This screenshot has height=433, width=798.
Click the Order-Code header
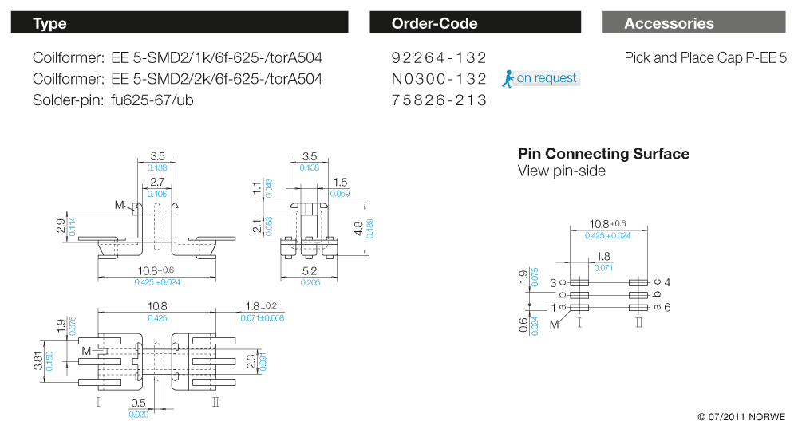pyautogui.click(x=475, y=23)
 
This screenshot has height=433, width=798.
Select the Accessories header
pyautogui.click(x=694, y=23)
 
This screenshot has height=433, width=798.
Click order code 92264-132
pyautogui.click(x=439, y=58)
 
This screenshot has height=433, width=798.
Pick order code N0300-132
pyautogui.click(x=439, y=79)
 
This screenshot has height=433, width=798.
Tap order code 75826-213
pyautogui.click(x=439, y=100)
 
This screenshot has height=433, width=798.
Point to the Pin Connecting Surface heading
pyautogui.click(x=603, y=154)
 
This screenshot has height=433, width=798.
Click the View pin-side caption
pyautogui.click(x=561, y=171)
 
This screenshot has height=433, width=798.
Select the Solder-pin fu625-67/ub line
pyautogui.click(x=113, y=100)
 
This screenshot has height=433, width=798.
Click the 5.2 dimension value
pyautogui.click(x=310, y=271)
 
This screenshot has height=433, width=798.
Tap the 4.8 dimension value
pyautogui.click(x=358, y=229)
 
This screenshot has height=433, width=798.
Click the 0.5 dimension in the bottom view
pyautogui.click(x=138, y=403)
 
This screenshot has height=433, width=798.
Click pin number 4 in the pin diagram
pyautogui.click(x=667, y=282)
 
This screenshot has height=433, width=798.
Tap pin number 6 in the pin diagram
pyautogui.click(x=667, y=307)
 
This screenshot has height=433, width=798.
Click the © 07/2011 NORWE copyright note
pyautogui.click(x=741, y=417)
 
